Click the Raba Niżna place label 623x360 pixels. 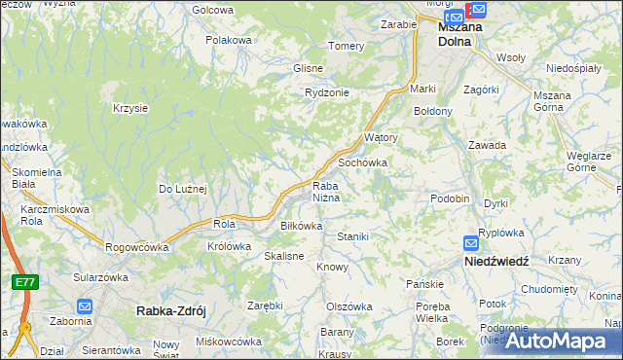click(325, 192)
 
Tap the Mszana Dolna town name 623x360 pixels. click(460, 34)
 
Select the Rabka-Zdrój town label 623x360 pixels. click(164, 311)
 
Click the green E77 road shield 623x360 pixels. click(24, 282)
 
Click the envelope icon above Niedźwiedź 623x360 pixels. click(471, 243)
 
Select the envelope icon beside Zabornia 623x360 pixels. click(84, 306)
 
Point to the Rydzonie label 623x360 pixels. click(326, 92)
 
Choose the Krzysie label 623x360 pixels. click(129, 108)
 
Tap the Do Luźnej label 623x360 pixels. click(183, 189)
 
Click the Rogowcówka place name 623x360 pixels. click(136, 247)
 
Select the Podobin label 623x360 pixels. click(450, 198)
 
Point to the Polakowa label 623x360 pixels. click(230, 40)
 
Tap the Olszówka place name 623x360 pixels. click(349, 306)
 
